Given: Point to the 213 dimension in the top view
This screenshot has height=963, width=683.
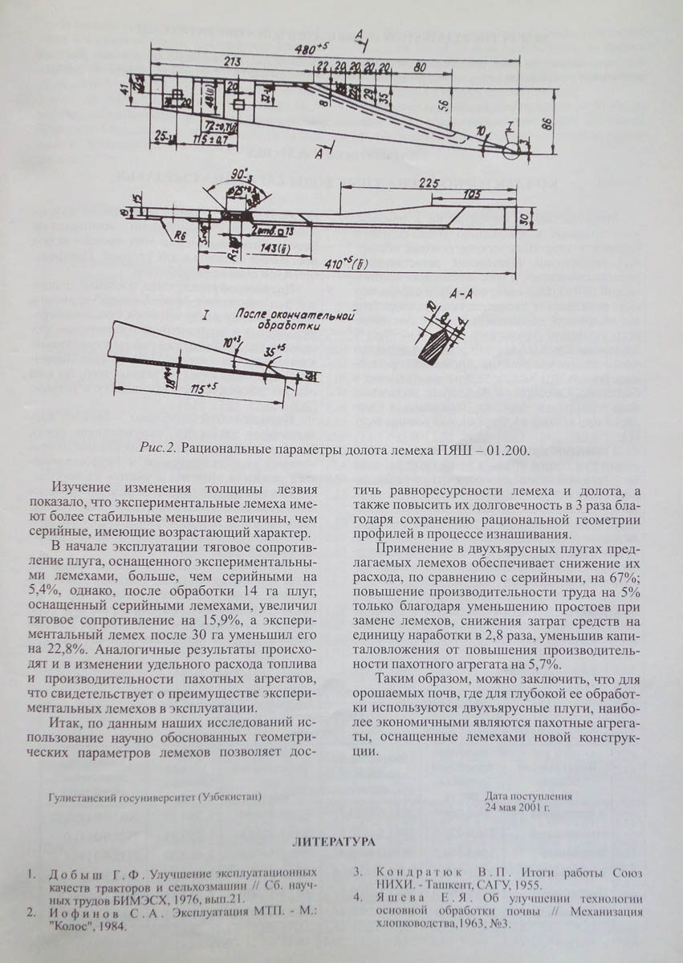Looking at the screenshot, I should coord(233,61).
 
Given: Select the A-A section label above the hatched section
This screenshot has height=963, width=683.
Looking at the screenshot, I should coord(461,296).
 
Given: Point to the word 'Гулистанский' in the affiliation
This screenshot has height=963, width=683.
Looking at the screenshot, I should coord(83,797).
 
